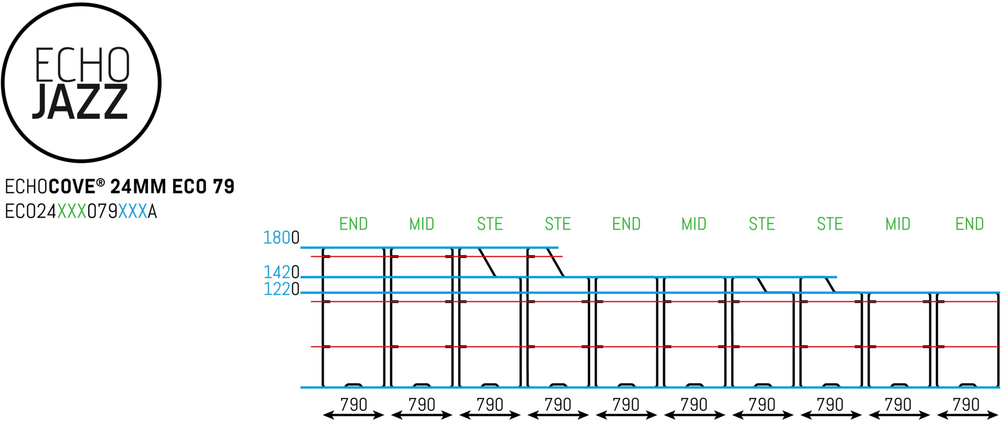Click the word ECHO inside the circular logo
82,65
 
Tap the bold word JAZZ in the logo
80,102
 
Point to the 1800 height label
281,238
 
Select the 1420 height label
281,272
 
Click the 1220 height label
281,289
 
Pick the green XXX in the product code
72,212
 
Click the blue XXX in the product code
132,212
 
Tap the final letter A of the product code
152,212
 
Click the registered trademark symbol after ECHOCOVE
100,182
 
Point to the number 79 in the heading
224,186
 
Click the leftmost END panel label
354,224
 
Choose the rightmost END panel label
969,224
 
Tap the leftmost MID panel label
422,224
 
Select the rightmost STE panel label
830,224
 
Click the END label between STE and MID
626,224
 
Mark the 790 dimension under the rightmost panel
966,404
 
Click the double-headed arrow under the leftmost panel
354,415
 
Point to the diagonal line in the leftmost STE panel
487,262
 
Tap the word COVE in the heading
72,186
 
